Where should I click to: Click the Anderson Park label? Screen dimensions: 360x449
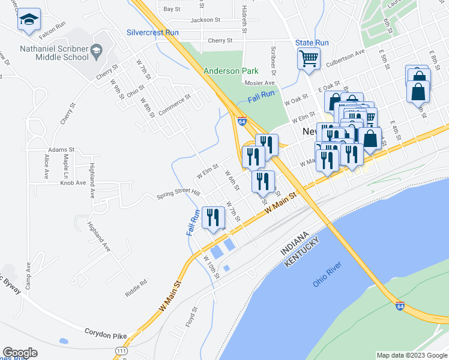[x=231, y=71]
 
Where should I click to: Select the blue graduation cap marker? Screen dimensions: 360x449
[x=29, y=20]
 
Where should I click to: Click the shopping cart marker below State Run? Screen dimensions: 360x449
[x=309, y=59]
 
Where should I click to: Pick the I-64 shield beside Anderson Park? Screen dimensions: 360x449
[x=241, y=121]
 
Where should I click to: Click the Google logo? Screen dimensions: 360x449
[x=20, y=353]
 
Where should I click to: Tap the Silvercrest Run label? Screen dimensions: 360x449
[x=152, y=32]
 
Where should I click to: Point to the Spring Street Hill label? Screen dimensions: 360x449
[x=178, y=193]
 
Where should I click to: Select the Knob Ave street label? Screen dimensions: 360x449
[x=73, y=182]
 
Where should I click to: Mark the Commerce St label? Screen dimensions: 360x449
[x=175, y=97]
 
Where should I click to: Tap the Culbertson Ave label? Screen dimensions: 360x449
[x=345, y=61]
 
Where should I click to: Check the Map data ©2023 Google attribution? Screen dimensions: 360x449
[x=411, y=355]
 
